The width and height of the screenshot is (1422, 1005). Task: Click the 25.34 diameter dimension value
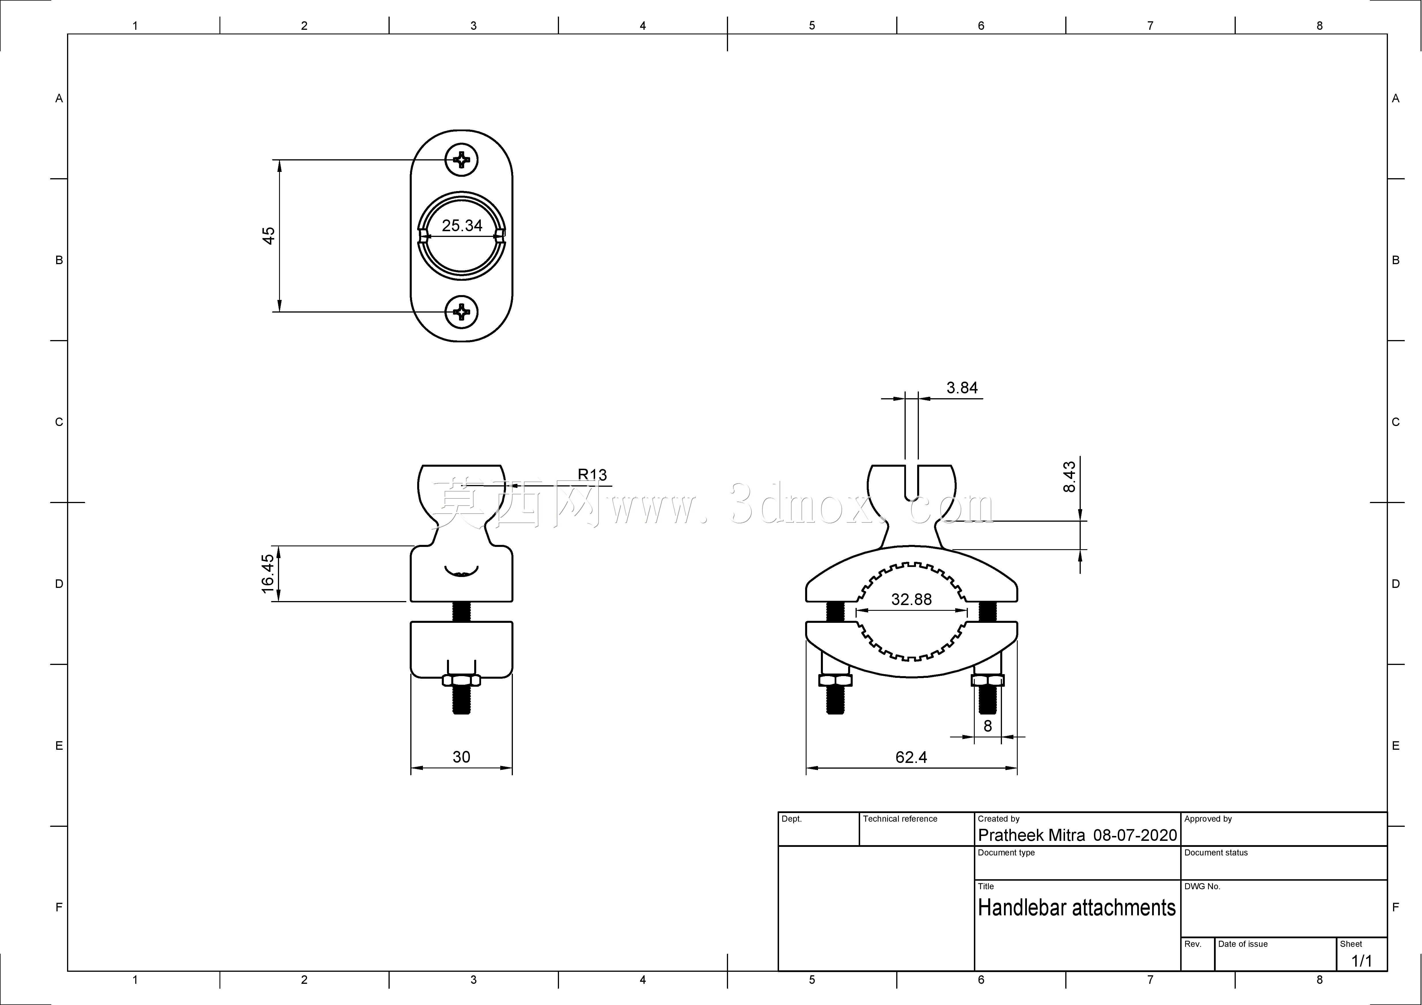click(462, 225)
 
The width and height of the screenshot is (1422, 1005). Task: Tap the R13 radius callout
click(592, 474)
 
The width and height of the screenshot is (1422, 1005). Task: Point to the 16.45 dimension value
click(268, 573)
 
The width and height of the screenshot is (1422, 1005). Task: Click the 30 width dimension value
click(461, 757)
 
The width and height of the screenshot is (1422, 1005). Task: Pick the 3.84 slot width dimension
click(962, 388)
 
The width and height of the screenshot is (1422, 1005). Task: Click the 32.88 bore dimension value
click(911, 599)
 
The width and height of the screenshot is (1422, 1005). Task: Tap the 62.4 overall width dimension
click(911, 757)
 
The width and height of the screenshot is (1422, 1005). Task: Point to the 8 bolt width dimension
click(988, 726)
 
